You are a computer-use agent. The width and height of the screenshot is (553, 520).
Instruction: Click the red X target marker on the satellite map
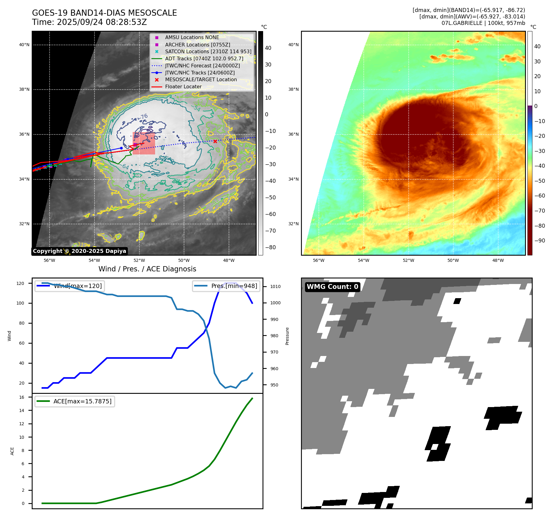(x=215, y=142)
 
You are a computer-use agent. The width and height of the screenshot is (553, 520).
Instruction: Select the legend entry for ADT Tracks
(x=204, y=58)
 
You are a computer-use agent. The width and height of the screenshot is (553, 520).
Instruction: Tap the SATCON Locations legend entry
(x=208, y=51)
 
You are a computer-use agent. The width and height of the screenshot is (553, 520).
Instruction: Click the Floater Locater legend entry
(x=183, y=87)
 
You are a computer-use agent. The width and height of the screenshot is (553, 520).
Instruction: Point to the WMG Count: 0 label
(x=332, y=287)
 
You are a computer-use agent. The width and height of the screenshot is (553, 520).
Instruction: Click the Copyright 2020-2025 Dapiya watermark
(x=79, y=251)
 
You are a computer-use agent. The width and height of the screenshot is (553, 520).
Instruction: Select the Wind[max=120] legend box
(x=69, y=286)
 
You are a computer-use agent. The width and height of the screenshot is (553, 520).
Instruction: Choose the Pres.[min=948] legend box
(x=226, y=286)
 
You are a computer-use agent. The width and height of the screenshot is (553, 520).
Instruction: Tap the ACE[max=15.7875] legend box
(x=75, y=401)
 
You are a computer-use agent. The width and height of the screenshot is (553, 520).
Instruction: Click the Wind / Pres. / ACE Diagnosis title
(x=147, y=269)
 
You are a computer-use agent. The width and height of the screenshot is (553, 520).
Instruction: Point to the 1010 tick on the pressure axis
(x=275, y=286)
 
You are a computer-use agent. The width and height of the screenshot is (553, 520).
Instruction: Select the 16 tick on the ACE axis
(x=22, y=397)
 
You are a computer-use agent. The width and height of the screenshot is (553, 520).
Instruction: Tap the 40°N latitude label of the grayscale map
(x=24, y=45)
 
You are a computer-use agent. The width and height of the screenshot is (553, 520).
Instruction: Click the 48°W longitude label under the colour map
(x=498, y=260)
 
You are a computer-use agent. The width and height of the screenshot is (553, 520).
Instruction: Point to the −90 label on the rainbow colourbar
(x=539, y=241)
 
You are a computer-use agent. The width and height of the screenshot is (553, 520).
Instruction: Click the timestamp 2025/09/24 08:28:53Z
(x=102, y=22)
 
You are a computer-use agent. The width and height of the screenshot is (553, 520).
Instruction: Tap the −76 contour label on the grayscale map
(x=143, y=117)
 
